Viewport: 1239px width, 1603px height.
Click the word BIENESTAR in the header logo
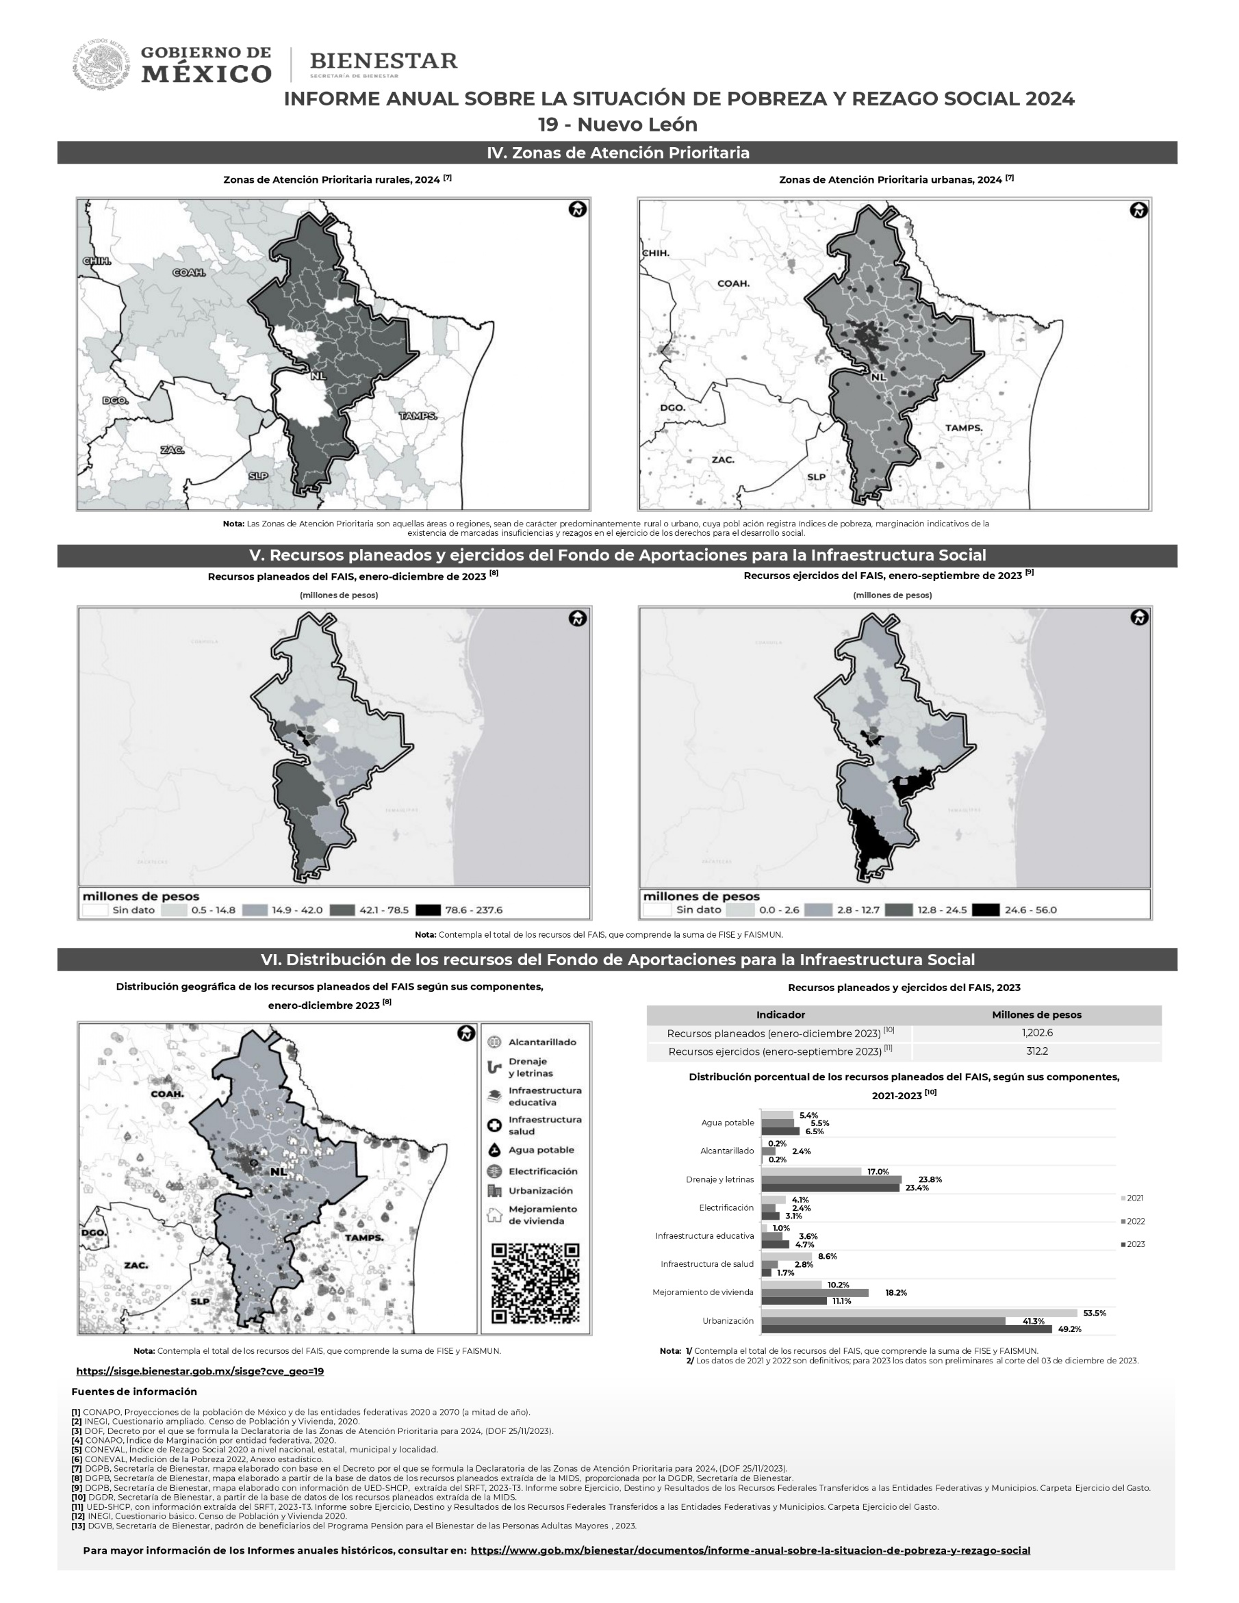point(383,61)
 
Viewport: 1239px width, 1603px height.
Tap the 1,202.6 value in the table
point(1036,1033)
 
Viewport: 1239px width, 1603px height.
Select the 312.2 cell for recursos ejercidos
point(1036,1051)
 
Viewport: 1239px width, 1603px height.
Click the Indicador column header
point(780,1014)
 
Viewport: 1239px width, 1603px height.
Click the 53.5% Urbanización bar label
point(1094,1313)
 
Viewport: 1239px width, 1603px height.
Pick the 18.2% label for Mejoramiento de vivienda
point(895,1292)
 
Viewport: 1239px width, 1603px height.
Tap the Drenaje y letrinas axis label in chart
point(719,1179)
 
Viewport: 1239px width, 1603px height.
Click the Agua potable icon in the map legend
point(495,1150)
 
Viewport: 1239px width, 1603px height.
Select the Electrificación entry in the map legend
point(542,1171)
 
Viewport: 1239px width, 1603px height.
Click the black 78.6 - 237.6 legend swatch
point(427,910)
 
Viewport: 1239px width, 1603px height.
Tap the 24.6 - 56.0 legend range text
point(1030,910)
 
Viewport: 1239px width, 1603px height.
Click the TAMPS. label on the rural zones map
point(418,416)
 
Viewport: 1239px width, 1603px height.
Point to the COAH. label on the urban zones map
point(733,283)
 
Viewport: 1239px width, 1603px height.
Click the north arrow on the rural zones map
point(578,210)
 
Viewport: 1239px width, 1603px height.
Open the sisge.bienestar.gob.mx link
point(200,1371)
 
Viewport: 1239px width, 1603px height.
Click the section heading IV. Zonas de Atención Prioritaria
point(617,153)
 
